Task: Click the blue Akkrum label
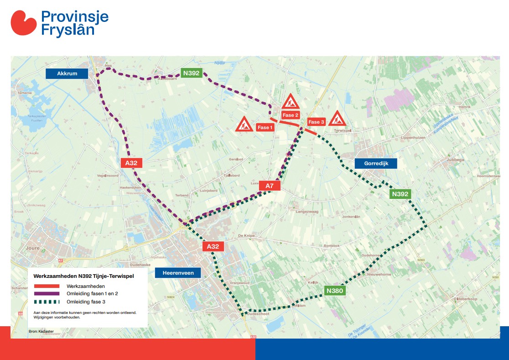(67, 73)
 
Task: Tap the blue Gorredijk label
(375, 163)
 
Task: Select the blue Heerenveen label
(178, 273)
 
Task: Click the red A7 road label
(270, 186)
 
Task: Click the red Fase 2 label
(291, 115)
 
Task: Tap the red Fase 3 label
(316, 122)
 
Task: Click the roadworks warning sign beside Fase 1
(244, 124)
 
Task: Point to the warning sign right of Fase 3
(338, 119)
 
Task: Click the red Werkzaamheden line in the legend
(47, 286)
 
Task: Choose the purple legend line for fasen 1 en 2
(47, 294)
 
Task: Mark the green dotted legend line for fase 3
(47, 302)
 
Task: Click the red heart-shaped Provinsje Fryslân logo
(24, 23)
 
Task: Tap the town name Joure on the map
(33, 249)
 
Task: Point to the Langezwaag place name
(307, 212)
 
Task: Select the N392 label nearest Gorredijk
(400, 194)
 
